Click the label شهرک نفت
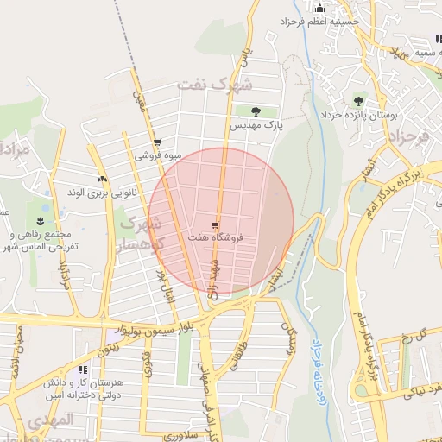[216, 85]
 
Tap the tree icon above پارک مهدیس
[256, 111]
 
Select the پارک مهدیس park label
[256, 126]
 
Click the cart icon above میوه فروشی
[156, 143]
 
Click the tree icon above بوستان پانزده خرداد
[358, 101]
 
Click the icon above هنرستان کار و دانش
[83, 369]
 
